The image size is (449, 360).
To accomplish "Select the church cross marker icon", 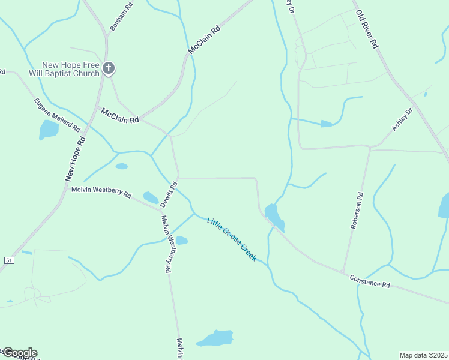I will (x=108, y=68).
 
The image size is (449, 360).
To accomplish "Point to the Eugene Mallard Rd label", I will (x=57, y=115).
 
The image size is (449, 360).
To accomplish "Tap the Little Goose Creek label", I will (x=231, y=239).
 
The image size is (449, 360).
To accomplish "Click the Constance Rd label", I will (x=369, y=280).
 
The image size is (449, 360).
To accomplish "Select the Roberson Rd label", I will (x=357, y=210).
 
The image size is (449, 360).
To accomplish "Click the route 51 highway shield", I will (x=8, y=260).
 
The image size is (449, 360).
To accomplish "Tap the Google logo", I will (x=19, y=353).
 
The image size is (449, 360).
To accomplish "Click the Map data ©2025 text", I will (x=424, y=355).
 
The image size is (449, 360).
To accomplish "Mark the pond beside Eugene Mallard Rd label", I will (x=48, y=129).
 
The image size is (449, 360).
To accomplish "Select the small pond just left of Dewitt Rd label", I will (x=151, y=197).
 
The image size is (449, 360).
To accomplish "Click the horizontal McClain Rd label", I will (x=120, y=116).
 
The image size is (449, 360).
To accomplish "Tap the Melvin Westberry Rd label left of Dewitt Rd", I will (x=101, y=191).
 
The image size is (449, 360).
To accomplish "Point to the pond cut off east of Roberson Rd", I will (x=444, y=205).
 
